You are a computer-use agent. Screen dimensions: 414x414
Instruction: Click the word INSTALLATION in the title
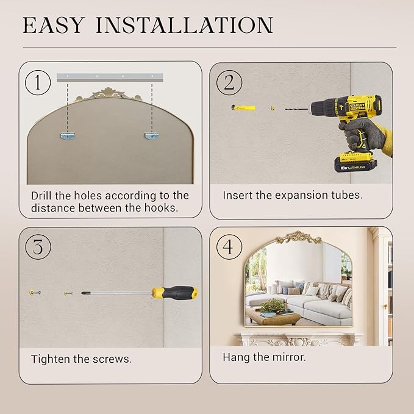coord(185,25)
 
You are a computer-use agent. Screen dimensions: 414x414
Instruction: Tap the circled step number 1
coord(38,83)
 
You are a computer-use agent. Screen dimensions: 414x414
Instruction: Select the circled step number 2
coord(229,83)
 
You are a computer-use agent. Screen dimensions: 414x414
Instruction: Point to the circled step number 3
coord(38,247)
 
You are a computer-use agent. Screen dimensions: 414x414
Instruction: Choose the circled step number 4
coord(229,247)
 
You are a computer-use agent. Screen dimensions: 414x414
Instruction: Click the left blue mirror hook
coord(68,136)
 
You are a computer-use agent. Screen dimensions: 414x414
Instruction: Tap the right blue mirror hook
coord(151,136)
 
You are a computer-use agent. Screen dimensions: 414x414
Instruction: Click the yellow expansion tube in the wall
coord(244,108)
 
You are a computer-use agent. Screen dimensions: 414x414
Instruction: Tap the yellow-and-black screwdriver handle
coord(174,293)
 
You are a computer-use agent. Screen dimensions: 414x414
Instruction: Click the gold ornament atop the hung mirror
coord(299,237)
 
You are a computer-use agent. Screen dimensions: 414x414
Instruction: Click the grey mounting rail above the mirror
coord(110,77)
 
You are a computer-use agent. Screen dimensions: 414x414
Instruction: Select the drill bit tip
coord(286,109)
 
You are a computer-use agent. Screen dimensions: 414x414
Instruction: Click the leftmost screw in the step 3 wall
coord(35,293)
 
